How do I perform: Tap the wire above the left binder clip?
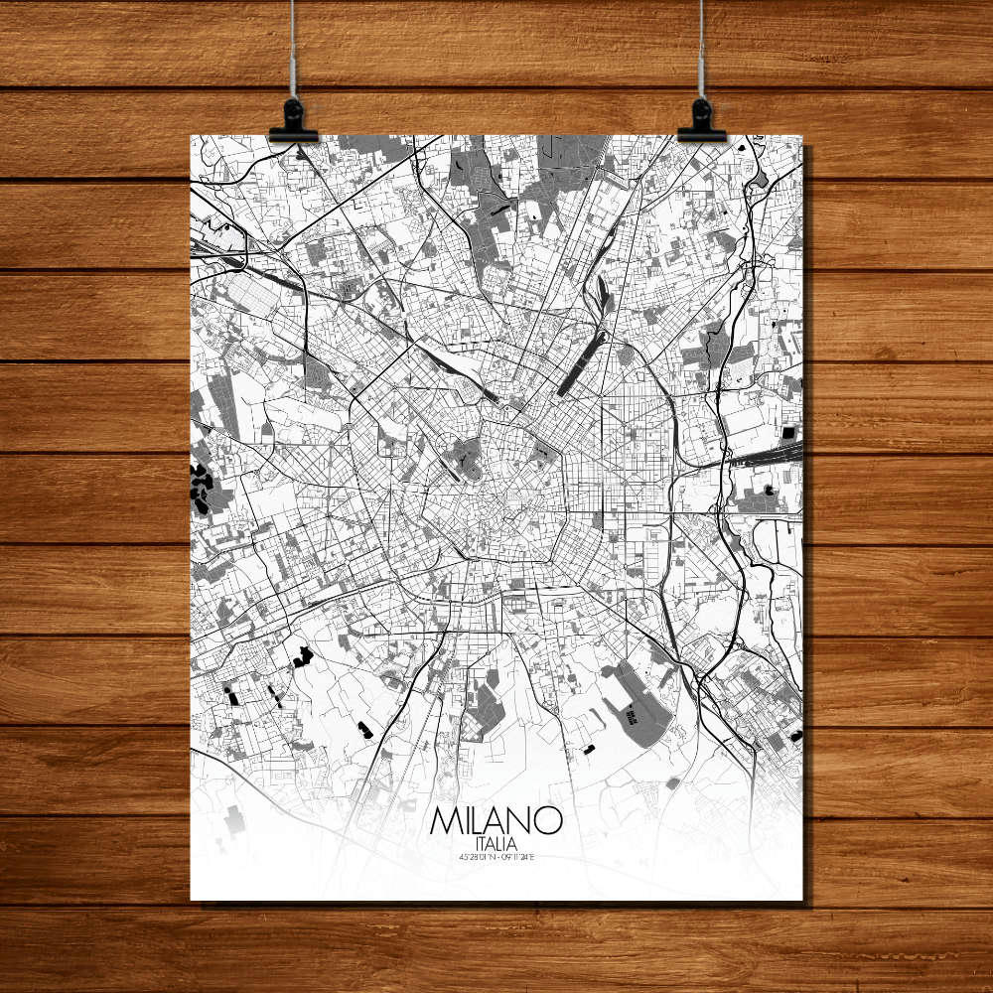coord(293,50)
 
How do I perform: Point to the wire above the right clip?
coord(702,50)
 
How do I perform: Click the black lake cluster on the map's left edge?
coord(201,488)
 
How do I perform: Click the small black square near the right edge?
coord(788,433)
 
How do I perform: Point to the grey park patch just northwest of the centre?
coord(463,457)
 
